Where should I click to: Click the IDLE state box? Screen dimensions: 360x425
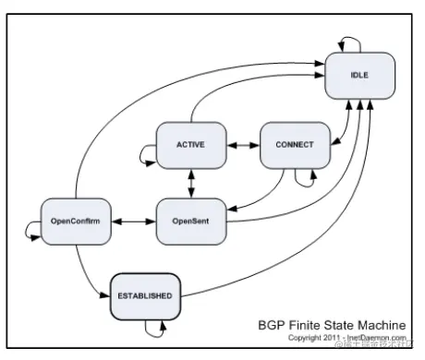pyautogui.click(x=359, y=74)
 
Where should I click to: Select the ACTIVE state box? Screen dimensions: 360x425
pyautogui.click(x=190, y=145)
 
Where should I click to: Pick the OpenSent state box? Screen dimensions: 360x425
pyautogui.click(x=190, y=222)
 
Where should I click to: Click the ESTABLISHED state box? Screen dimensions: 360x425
pyautogui.click(x=142, y=295)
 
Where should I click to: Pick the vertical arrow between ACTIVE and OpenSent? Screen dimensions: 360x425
pyautogui.click(x=191, y=184)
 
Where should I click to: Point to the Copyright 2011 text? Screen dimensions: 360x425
pyautogui.click(x=314, y=339)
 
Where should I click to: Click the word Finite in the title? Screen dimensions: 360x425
pyautogui.click(x=305, y=326)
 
